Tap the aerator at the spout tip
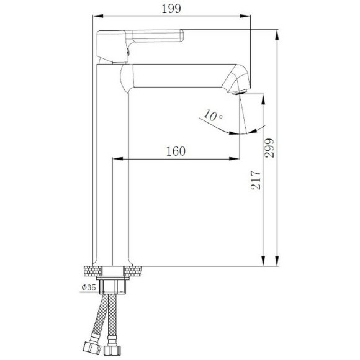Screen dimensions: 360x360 [x=243, y=92]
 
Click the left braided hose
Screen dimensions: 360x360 [x=97, y=323]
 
